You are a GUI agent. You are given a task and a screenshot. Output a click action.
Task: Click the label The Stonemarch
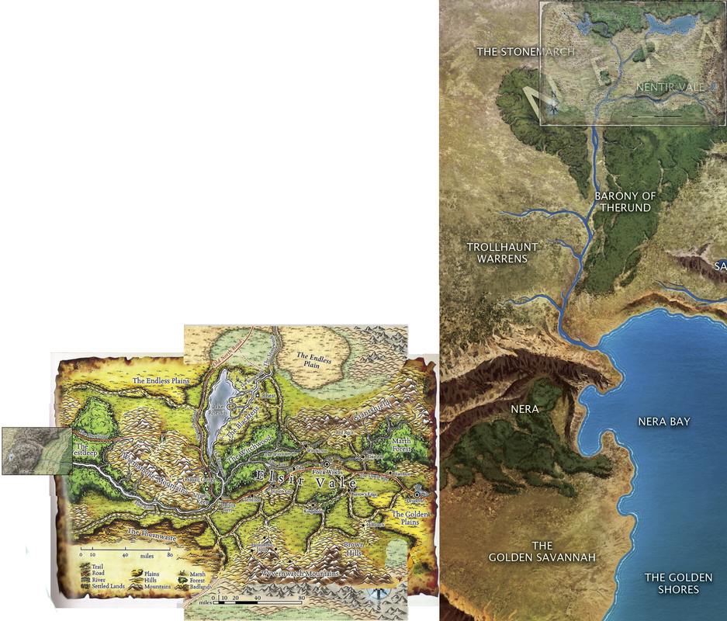(526, 52)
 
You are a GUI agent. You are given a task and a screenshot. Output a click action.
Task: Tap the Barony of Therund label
(624, 202)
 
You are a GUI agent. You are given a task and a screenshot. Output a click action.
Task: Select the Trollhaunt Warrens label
(502, 253)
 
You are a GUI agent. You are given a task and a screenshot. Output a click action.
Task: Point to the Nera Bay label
(663, 422)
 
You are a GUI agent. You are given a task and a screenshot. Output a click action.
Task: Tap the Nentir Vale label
(670, 88)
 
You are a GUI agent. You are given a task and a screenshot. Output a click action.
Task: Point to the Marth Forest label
(400, 445)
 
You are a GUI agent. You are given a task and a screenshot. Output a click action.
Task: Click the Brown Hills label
(354, 550)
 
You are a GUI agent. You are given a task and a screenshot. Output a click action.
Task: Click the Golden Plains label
(409, 519)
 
